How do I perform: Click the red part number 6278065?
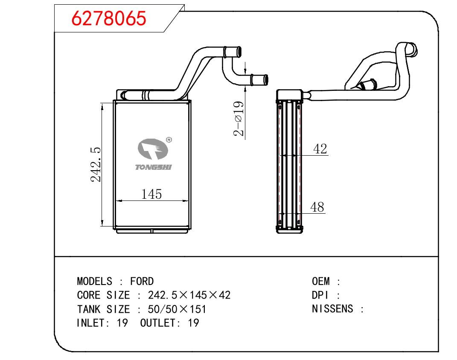point(109,18)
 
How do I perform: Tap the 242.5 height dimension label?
point(96,165)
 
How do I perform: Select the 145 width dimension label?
point(151,194)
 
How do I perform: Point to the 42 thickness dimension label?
point(320,149)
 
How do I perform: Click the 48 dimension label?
point(317,207)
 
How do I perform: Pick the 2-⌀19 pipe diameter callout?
point(239,119)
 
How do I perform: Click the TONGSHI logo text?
point(153,167)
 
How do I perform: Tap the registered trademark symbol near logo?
point(169,140)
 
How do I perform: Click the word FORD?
point(142,282)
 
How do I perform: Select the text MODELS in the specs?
point(94,282)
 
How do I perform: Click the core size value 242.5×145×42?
point(189,295)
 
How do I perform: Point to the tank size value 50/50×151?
point(177,309)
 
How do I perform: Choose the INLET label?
point(91,323)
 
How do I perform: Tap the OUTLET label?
point(157,323)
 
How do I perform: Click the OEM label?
point(320,282)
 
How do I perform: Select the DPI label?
point(320,295)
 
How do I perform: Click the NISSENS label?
point(332,309)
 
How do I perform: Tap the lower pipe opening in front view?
point(265,80)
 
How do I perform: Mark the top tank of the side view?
point(289,95)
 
